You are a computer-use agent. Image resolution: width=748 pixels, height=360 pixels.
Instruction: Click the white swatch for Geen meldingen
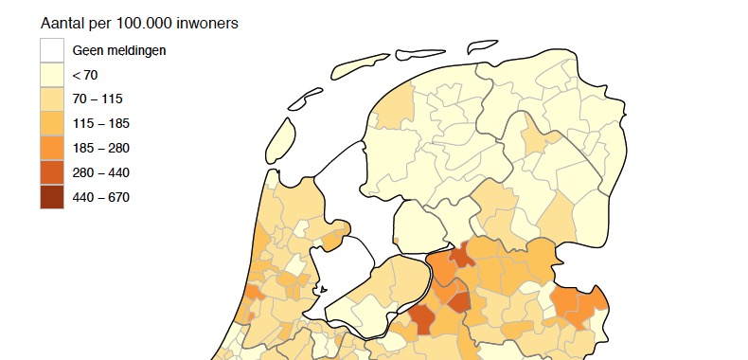[52, 49]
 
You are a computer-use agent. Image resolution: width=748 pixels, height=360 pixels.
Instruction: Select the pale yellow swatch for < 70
[52, 74]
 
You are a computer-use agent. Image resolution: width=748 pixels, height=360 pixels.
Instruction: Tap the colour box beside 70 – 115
[52, 99]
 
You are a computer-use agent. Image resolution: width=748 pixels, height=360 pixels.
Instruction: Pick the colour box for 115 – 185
[52, 123]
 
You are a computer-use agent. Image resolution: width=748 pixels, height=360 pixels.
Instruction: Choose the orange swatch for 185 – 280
[52, 148]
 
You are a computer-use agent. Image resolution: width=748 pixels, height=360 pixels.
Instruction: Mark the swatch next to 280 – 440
[52, 172]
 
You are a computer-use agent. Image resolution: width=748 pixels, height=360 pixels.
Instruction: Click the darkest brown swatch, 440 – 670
[52, 197]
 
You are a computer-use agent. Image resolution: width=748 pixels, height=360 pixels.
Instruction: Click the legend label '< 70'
[85, 75]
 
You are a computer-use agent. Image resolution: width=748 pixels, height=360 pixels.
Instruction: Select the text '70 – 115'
[98, 99]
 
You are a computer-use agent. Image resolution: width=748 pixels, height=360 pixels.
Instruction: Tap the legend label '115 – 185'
[101, 124]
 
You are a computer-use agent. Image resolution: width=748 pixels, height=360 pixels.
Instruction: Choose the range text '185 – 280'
[101, 149]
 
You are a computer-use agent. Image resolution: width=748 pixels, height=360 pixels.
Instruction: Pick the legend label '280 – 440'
[101, 173]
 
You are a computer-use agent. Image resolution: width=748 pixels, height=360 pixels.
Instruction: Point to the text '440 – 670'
[101, 198]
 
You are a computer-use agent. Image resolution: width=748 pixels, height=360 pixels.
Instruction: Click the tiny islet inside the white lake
[323, 290]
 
